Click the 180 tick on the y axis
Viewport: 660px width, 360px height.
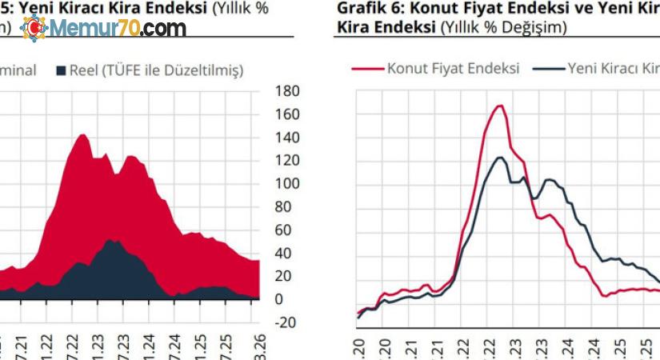point(287,91)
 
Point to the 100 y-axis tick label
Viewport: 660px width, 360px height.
point(287,184)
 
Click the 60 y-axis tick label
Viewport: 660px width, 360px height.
point(284,230)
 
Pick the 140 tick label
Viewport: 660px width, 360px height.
point(287,138)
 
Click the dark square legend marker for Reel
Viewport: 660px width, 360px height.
point(61,70)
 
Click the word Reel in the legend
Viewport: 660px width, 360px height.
point(83,70)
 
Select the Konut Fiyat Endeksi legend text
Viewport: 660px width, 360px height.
point(453,68)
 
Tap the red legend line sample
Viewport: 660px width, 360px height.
point(367,68)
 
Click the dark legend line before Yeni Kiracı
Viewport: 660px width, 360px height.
point(548,68)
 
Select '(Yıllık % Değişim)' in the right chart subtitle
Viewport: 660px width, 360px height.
point(503,28)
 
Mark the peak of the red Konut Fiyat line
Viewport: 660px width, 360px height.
point(499,106)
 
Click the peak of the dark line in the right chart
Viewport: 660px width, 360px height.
point(499,158)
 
